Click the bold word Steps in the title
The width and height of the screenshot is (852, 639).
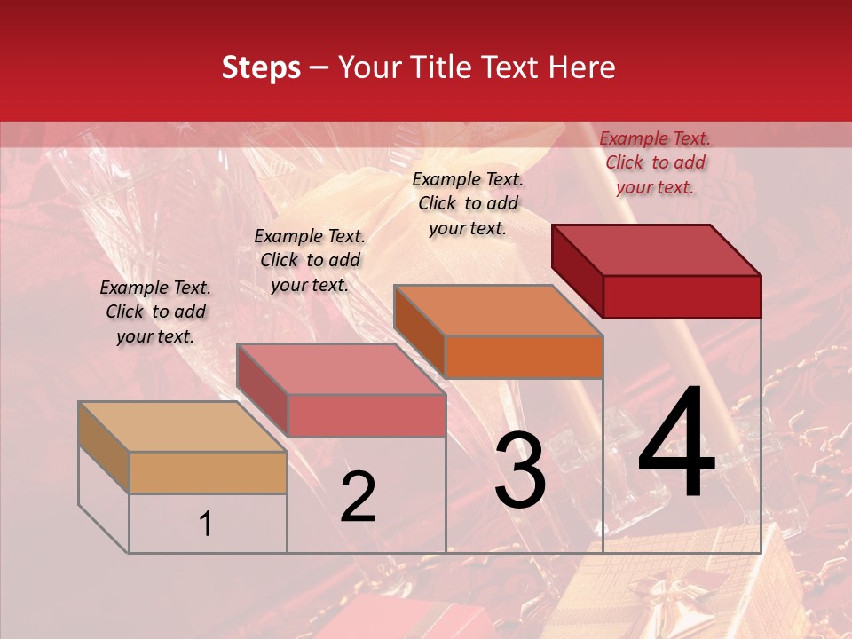[261, 67]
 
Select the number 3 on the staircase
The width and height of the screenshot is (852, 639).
[520, 470]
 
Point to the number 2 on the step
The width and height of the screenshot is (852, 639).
[358, 497]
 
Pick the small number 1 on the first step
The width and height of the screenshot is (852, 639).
[206, 525]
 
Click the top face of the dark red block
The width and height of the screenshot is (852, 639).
[655, 249]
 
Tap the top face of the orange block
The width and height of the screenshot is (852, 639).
[497, 311]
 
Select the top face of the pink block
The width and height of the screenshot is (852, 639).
[340, 369]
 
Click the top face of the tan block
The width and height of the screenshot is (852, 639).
[182, 427]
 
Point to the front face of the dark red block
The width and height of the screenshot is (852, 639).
[682, 296]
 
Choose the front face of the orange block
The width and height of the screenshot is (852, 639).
[524, 357]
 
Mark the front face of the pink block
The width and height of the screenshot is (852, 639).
[367, 415]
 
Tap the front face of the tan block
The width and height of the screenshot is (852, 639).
[208, 472]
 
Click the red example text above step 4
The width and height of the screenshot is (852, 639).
[655, 162]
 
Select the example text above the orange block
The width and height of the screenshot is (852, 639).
[468, 203]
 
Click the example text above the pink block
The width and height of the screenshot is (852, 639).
[310, 260]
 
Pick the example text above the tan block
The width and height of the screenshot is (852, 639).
[155, 312]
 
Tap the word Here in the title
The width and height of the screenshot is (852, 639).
[582, 67]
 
